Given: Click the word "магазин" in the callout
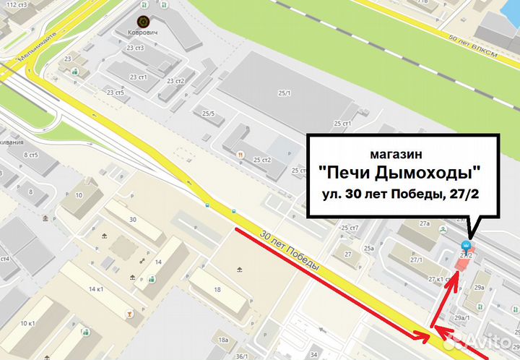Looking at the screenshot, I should (x=396, y=155).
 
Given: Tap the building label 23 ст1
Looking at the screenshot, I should (x=138, y=77).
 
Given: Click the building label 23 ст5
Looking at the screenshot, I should (x=115, y=93).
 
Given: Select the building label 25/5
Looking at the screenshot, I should (x=209, y=113).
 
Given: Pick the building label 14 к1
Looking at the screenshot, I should (x=95, y=289).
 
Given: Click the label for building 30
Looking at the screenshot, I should (x=132, y=219).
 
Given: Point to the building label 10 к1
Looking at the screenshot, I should (x=28, y=322).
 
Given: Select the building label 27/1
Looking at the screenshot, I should (x=416, y=260).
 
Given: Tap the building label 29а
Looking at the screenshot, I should (x=479, y=288).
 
